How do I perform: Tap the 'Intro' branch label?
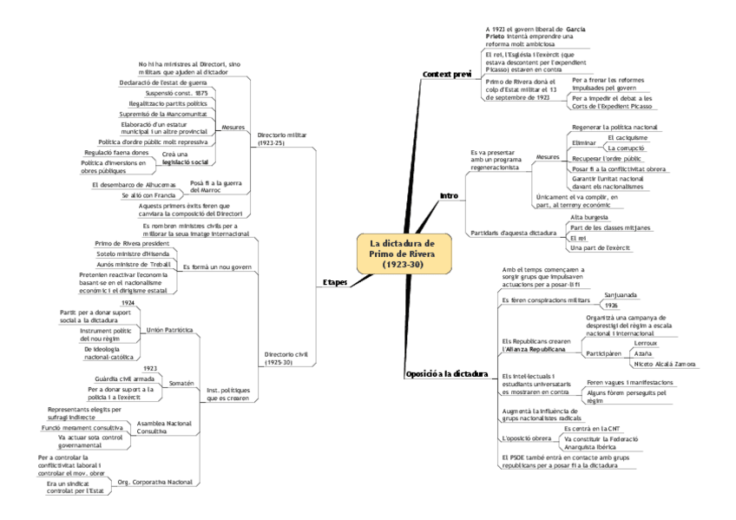click(x=449, y=195)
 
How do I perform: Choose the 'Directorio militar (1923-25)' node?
click(x=283, y=139)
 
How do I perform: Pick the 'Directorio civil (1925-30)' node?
click(x=286, y=359)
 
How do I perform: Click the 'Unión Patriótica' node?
click(x=169, y=331)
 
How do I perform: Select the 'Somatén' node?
click(x=181, y=383)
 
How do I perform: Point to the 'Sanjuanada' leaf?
click(x=621, y=295)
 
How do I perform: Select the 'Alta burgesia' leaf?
click(x=589, y=216)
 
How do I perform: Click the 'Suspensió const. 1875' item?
click(x=176, y=93)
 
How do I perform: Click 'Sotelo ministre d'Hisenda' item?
click(x=134, y=253)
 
